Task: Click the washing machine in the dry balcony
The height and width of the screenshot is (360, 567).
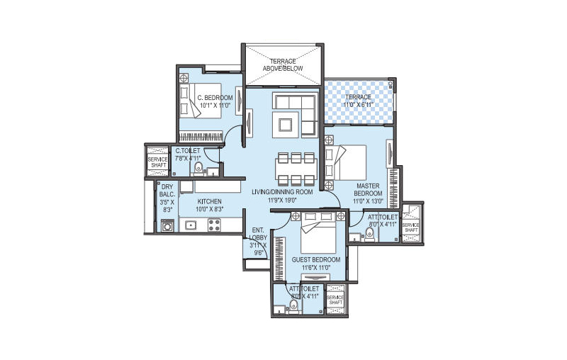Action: pos(167,226)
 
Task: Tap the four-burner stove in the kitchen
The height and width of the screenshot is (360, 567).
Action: pos(215,225)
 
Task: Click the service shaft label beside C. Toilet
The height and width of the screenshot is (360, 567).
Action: pos(157,162)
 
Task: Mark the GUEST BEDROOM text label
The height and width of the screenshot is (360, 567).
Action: pos(316,260)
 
